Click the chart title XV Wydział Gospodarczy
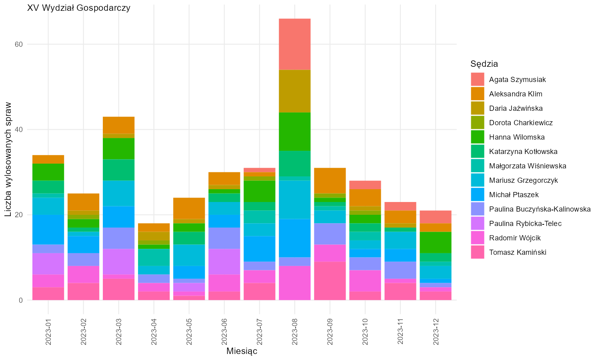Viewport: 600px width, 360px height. [79, 8]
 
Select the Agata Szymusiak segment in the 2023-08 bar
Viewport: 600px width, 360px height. [295, 44]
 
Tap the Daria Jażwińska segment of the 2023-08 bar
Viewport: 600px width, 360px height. [295, 91]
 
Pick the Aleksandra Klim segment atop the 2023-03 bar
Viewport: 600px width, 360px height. [119, 125]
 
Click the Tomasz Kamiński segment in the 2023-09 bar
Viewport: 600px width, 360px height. [330, 281]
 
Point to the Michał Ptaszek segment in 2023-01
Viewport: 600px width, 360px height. [48, 230]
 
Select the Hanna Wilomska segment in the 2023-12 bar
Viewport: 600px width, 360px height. [436, 242]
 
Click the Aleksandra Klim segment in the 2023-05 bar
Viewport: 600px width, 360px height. [189, 208]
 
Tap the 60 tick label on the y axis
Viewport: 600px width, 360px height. [19, 44]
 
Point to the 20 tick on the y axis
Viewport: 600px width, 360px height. [19, 215]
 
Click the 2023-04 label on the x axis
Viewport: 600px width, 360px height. [154, 332]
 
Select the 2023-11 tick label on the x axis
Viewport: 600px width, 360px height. [400, 332]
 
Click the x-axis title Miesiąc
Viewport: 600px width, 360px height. [242, 351]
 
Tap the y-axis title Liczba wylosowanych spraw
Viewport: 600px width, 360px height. [8, 159]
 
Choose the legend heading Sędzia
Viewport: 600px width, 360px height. [484, 64]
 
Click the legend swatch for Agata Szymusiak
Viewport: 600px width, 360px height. [478, 79]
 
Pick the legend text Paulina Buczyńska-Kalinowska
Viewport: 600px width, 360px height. [540, 209]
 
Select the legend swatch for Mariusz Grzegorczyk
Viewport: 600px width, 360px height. [478, 180]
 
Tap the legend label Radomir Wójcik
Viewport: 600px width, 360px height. [515, 238]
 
